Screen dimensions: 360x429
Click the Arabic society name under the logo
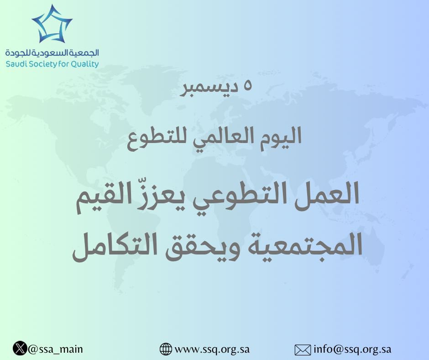click(52, 53)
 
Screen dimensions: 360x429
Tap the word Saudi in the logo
click(17, 64)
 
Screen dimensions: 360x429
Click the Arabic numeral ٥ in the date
click(248, 86)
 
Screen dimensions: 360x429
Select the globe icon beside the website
click(166, 349)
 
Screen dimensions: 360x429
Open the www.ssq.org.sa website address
click(212, 349)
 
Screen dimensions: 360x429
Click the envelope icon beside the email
click(303, 350)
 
